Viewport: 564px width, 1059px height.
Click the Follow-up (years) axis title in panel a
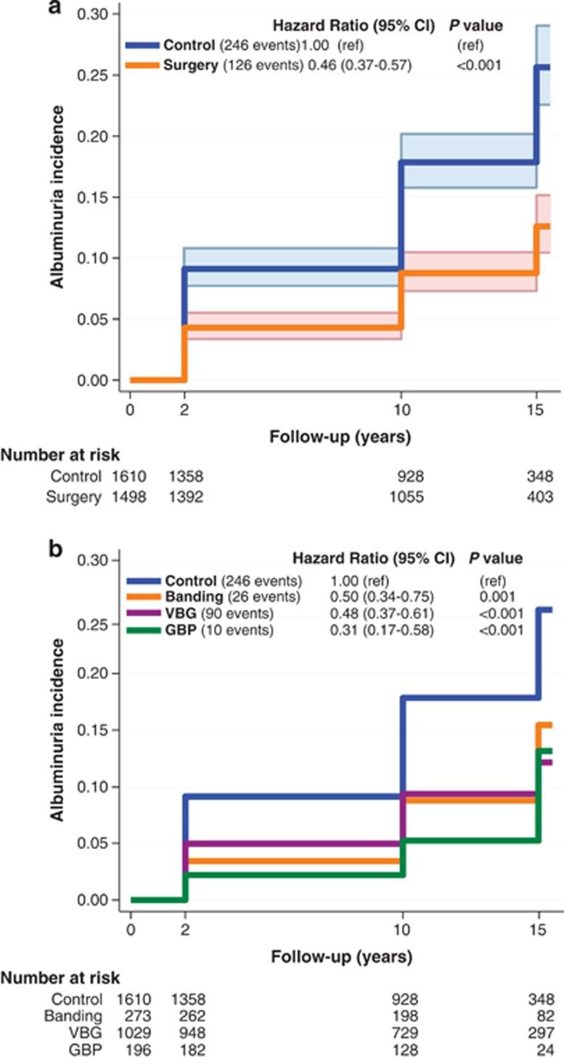338,437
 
